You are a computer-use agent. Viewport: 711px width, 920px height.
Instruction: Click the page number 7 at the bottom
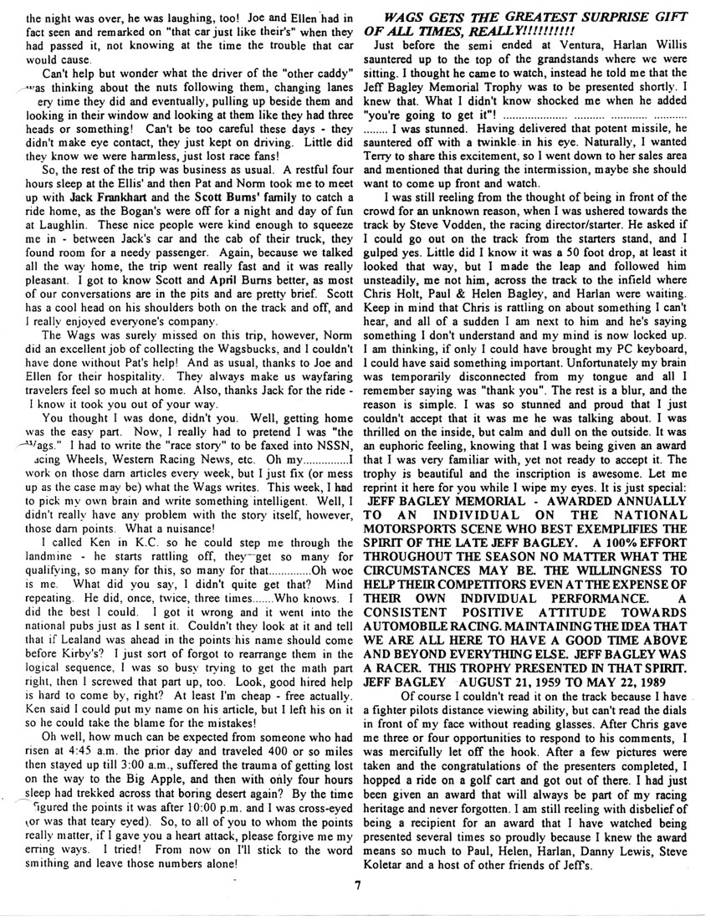[x=355, y=888]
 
